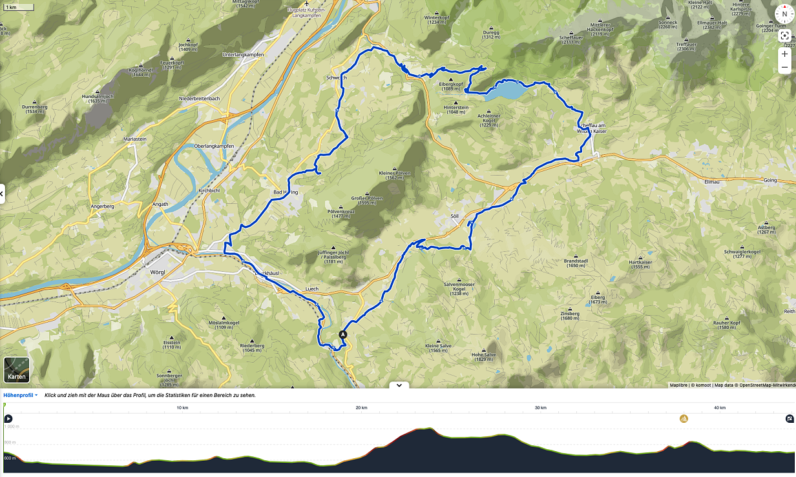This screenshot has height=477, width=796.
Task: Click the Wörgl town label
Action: click(157, 272)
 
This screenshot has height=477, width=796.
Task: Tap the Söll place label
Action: click(454, 216)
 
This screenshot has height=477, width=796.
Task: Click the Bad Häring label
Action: click(285, 192)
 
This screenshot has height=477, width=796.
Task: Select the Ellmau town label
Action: click(711, 181)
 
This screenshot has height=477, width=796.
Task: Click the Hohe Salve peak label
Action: click(483, 354)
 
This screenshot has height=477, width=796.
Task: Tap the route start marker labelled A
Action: click(343, 334)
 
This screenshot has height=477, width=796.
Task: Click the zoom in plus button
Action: click(784, 54)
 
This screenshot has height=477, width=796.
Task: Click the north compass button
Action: click(784, 14)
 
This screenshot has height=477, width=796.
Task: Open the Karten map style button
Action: click(16, 370)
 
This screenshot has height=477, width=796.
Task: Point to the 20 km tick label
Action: click(362, 408)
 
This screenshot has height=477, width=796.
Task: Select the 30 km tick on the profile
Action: click(541, 408)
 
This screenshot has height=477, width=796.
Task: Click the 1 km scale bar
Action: click(9, 7)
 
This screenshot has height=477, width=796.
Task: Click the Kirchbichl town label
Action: click(209, 191)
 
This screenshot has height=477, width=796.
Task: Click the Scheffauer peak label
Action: click(571, 38)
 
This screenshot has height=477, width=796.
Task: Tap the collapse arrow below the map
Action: click(399, 385)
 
